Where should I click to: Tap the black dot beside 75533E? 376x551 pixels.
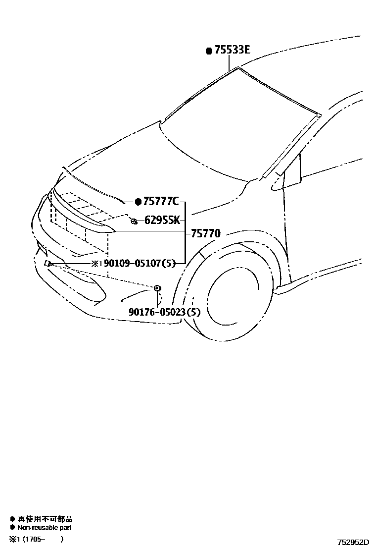point(209,51)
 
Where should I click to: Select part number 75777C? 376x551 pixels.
point(161,201)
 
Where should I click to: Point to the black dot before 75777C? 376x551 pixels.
point(138,202)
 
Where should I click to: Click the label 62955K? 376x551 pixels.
point(162,220)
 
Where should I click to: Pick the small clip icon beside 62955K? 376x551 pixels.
point(134,221)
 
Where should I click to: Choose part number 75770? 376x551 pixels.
point(205,233)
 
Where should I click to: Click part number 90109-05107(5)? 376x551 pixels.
point(140,264)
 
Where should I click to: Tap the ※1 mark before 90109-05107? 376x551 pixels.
point(96,264)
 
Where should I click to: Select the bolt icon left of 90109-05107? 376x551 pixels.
point(48,264)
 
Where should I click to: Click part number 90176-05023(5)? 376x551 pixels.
point(165,312)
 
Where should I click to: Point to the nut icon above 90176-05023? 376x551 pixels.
point(157,288)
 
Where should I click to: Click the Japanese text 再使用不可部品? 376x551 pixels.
point(45,519)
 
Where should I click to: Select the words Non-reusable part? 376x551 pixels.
point(45,528)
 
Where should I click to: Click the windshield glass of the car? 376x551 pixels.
point(237,129)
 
